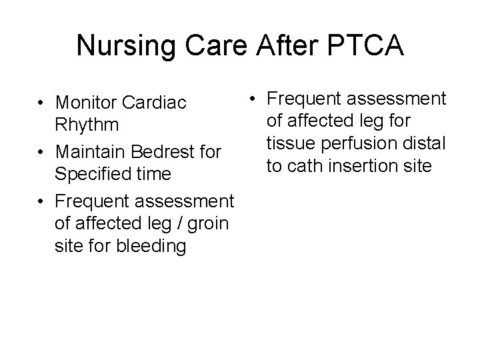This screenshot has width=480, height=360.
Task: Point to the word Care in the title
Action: click(207, 45)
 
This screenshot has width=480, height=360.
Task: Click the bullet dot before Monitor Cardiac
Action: click(41, 103)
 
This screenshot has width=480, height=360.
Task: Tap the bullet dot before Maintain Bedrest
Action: click(41, 152)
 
